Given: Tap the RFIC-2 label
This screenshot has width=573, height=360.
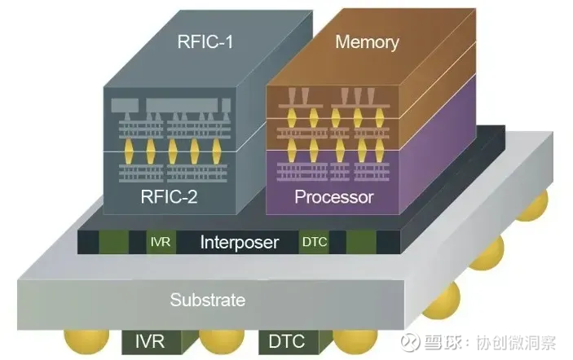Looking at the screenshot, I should [x=170, y=195].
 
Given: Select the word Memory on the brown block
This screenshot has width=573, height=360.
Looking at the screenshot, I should [x=367, y=42].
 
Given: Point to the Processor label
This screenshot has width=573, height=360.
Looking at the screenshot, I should [x=334, y=197].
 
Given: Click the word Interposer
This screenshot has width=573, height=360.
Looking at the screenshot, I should [x=240, y=242].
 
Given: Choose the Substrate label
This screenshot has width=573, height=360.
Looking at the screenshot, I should [x=207, y=300].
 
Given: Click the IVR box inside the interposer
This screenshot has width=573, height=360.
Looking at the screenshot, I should [x=160, y=241].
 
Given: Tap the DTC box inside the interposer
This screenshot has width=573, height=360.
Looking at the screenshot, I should [x=314, y=241].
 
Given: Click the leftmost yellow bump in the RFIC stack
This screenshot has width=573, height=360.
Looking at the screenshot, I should [x=128, y=151].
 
